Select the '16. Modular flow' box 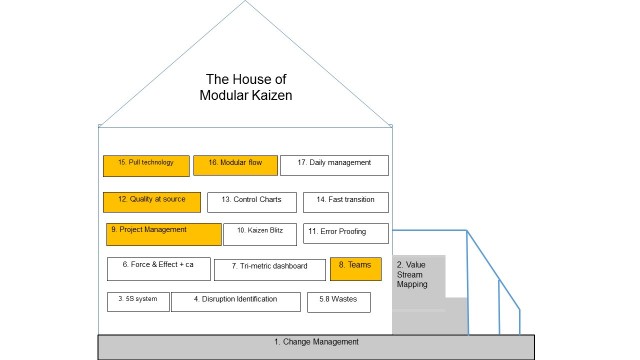coord(234,165)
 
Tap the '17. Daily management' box coord(334,165)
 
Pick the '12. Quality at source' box coord(151,202)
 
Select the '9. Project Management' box coord(163,234)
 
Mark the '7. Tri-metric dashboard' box coord(269,269)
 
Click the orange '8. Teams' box coord(356,268)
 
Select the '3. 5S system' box coord(137,301)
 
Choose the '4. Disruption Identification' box coord(235,301)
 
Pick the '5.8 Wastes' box coord(338,301)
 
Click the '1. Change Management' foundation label coord(316,343)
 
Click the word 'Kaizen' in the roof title coord(267,95)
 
